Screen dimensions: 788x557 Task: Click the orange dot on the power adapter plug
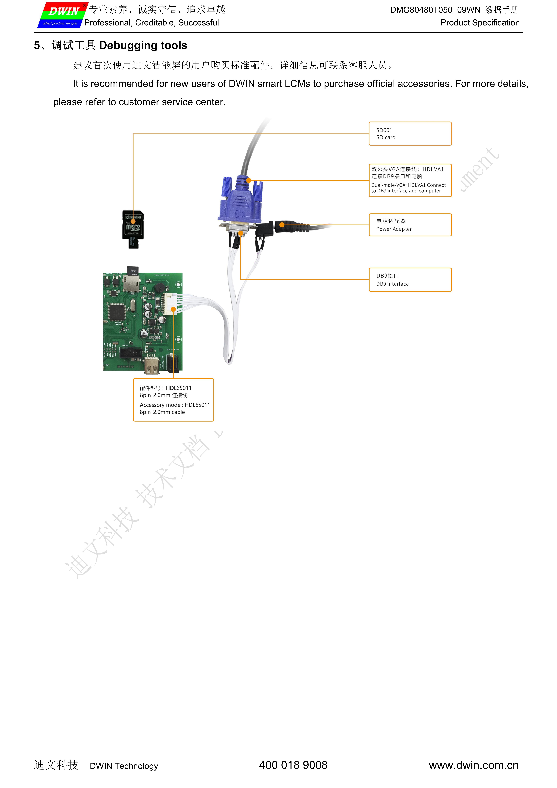click(282, 225)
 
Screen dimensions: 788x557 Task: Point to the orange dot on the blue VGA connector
click(249, 180)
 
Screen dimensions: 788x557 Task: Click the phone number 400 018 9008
click(293, 765)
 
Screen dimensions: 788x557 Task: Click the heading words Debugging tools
click(143, 45)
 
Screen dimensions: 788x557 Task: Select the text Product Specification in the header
click(480, 23)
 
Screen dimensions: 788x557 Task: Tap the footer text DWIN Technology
click(124, 766)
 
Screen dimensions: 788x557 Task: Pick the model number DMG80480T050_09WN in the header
click(435, 10)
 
